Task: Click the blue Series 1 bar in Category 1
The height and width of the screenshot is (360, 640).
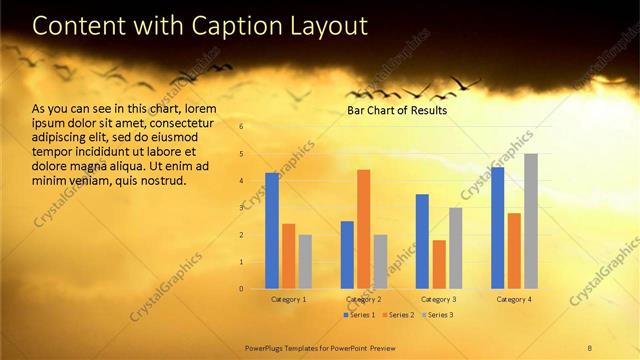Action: click(272, 231)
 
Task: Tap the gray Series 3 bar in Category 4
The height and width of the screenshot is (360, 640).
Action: click(531, 221)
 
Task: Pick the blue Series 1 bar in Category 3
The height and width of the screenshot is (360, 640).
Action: click(422, 241)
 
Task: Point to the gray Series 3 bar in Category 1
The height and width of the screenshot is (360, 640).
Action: click(305, 261)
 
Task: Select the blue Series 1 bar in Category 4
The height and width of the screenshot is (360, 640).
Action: click(498, 228)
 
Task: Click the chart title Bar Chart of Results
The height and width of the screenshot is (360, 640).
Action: click(397, 111)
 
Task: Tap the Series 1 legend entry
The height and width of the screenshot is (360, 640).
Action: click(359, 315)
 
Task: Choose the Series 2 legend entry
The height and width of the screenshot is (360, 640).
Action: click(397, 315)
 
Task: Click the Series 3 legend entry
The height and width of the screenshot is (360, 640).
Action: click(436, 315)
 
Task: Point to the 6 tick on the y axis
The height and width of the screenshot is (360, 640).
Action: click(241, 127)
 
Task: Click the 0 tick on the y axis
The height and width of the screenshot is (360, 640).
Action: click(241, 289)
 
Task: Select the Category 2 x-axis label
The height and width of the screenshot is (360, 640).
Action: click(364, 299)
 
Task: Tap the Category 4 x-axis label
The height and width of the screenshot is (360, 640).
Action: click(514, 299)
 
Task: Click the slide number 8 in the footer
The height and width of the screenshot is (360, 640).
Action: click(590, 346)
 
